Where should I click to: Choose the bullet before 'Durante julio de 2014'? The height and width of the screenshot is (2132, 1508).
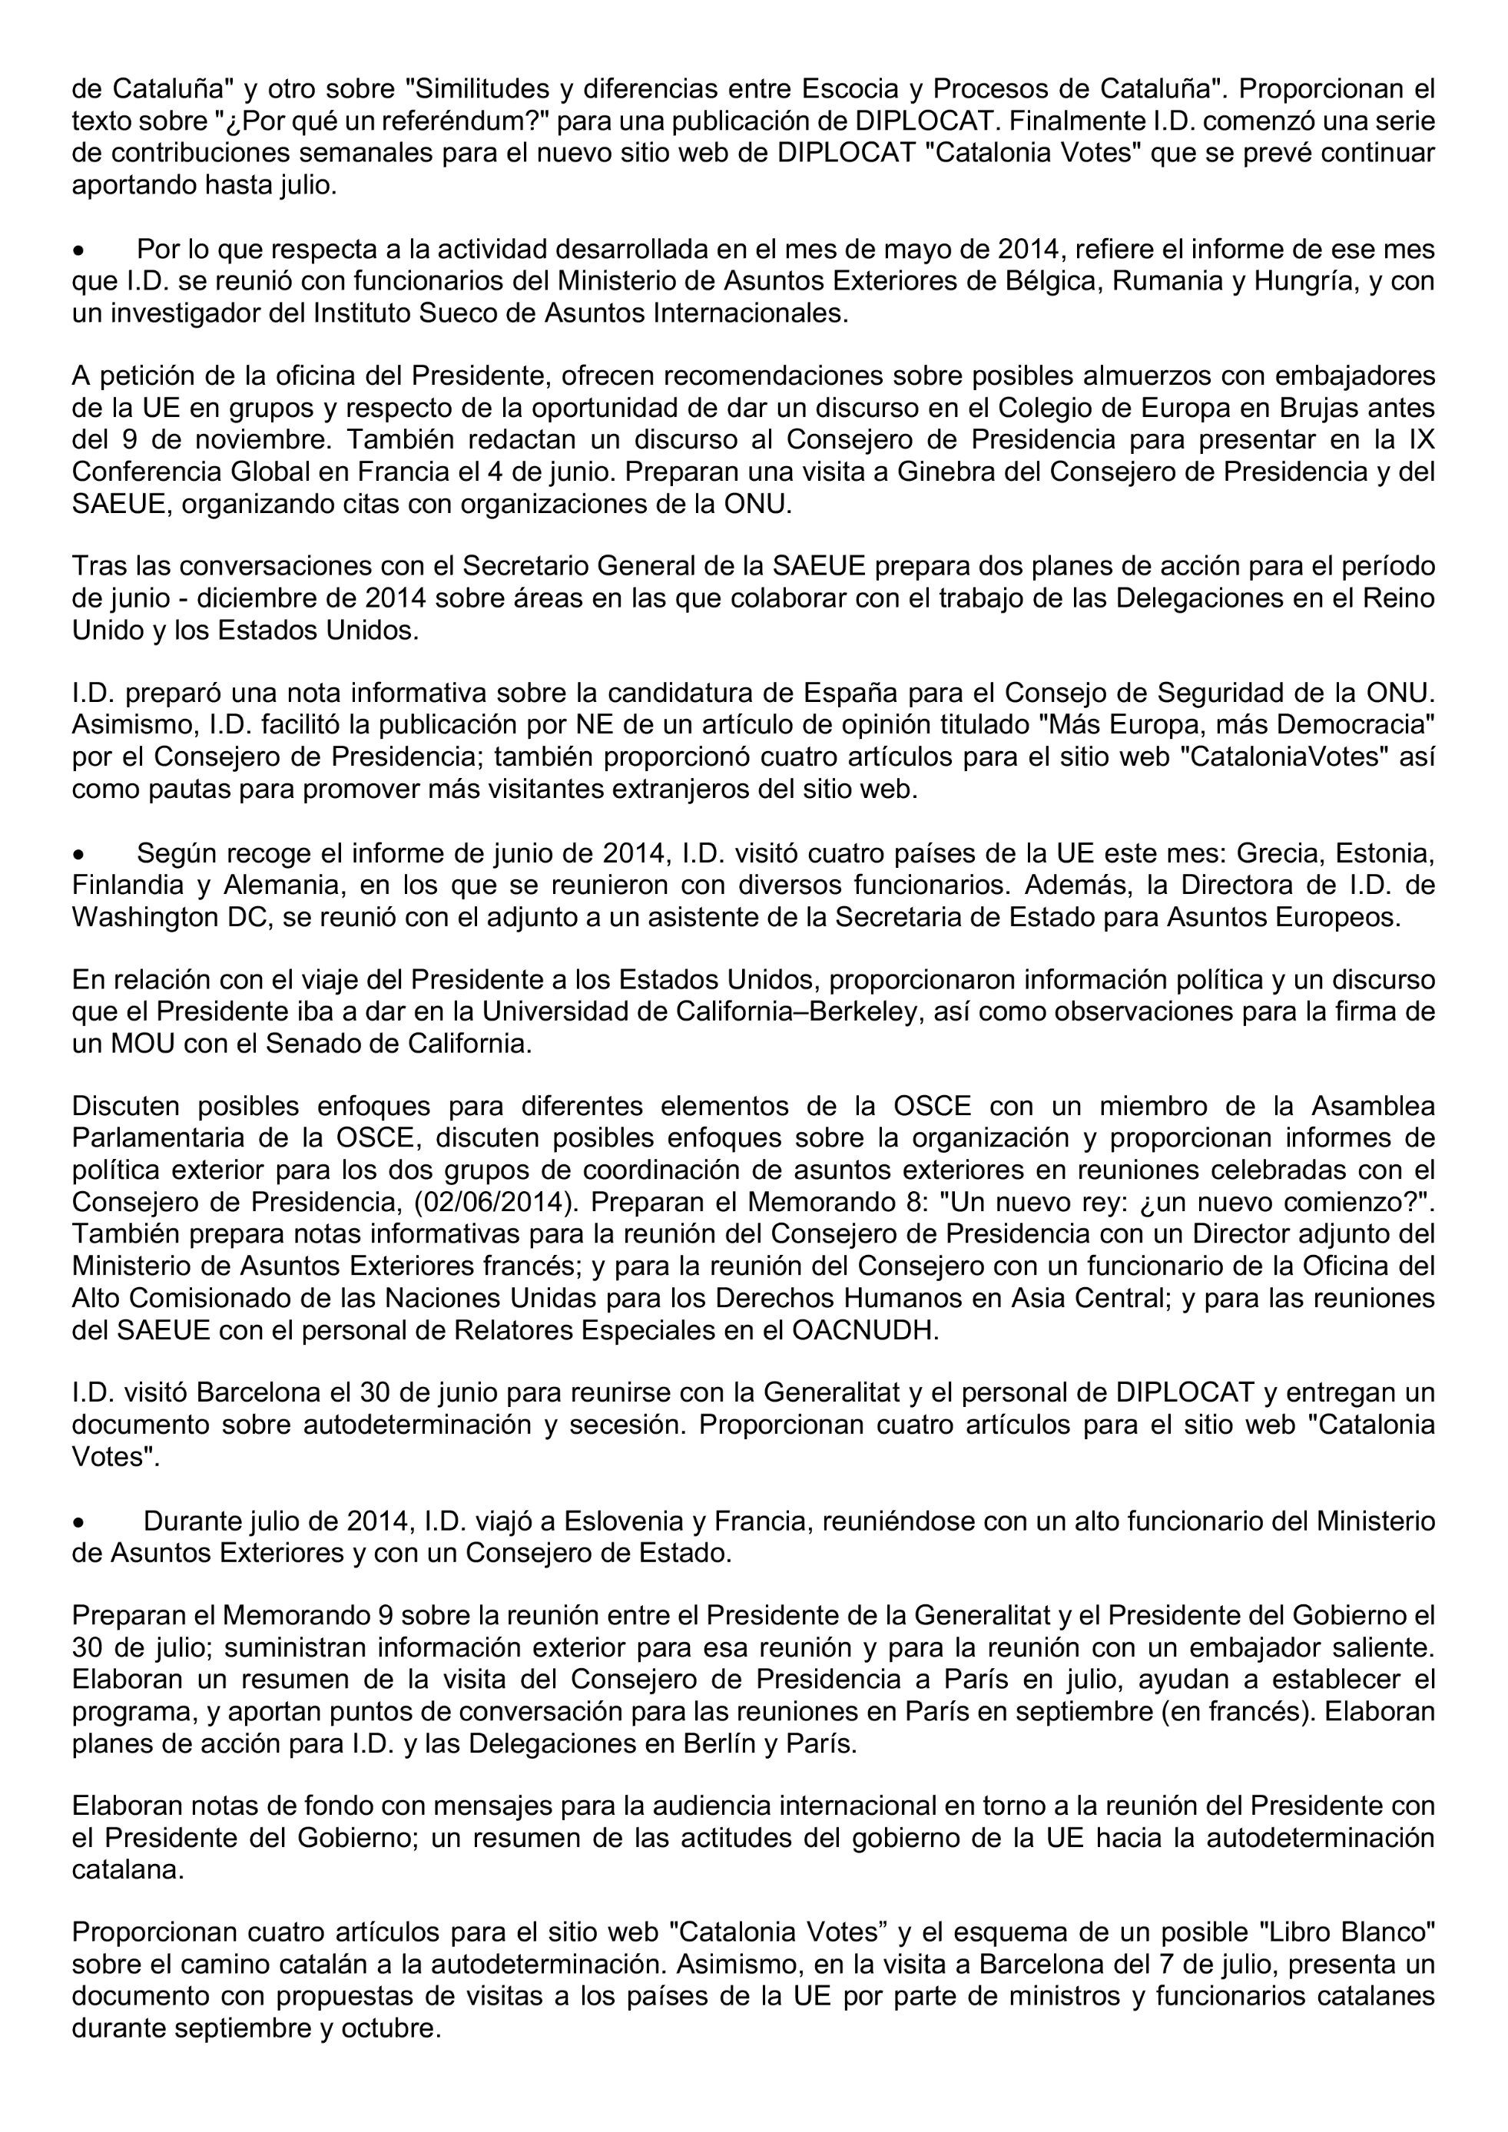coord(81,1523)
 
